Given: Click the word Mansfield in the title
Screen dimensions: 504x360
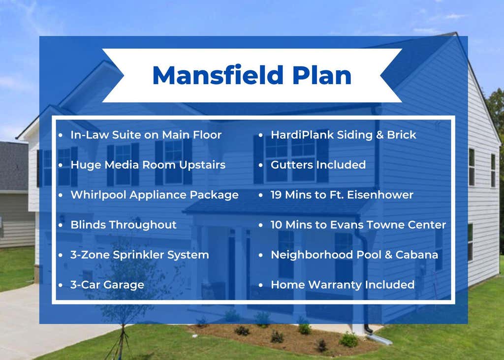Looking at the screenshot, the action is click(x=218, y=75).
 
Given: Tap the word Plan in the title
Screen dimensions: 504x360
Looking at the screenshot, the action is click(x=322, y=75).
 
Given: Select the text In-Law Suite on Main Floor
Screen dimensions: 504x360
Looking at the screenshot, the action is click(x=146, y=135).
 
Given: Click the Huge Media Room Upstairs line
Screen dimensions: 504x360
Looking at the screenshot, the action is click(x=148, y=165).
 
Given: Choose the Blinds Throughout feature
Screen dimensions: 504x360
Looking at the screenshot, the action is click(x=124, y=225).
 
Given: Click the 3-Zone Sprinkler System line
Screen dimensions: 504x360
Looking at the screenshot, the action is click(x=139, y=255).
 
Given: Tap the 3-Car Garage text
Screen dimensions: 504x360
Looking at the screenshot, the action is click(x=107, y=285).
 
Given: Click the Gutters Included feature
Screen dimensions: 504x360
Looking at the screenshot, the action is click(x=318, y=165).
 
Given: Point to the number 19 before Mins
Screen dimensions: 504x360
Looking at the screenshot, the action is click(x=276, y=195).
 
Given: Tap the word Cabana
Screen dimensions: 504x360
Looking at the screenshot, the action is click(x=416, y=255).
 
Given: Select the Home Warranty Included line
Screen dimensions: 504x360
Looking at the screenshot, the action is click(x=343, y=285).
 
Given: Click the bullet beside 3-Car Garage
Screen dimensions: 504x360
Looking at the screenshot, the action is click(x=61, y=285).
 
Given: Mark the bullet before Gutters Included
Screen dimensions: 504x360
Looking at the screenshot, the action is click(x=261, y=165).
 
